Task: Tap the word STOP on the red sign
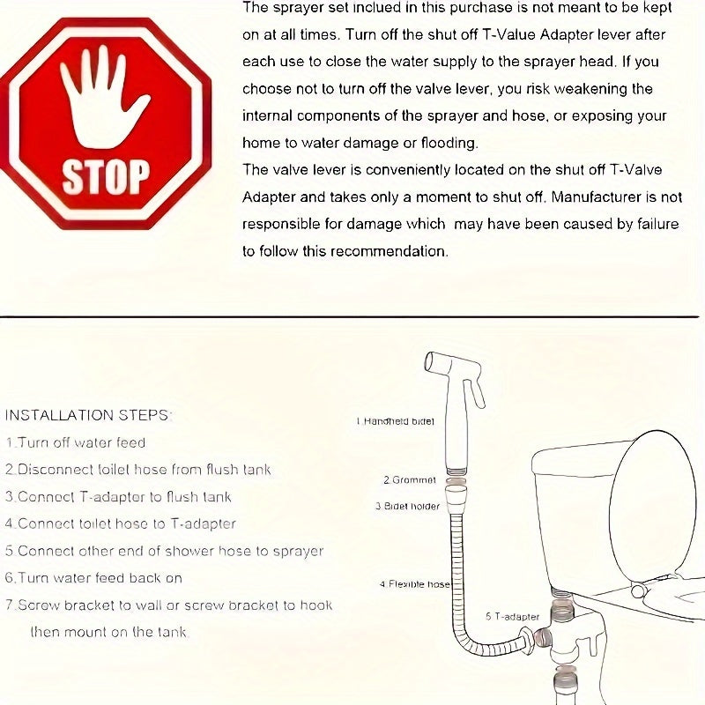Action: (x=105, y=175)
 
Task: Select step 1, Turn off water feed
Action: (x=76, y=442)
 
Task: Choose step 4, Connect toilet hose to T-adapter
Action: (x=120, y=523)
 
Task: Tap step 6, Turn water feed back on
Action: (x=93, y=578)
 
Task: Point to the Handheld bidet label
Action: (x=396, y=421)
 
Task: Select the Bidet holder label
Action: (x=407, y=507)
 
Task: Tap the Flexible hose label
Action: (x=415, y=584)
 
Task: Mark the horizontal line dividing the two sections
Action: (x=352, y=316)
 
